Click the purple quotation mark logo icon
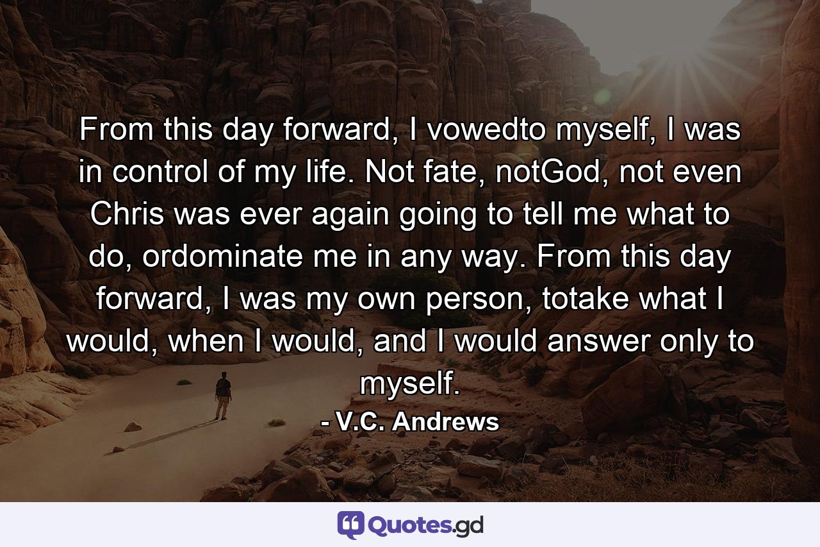tap(350, 525)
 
